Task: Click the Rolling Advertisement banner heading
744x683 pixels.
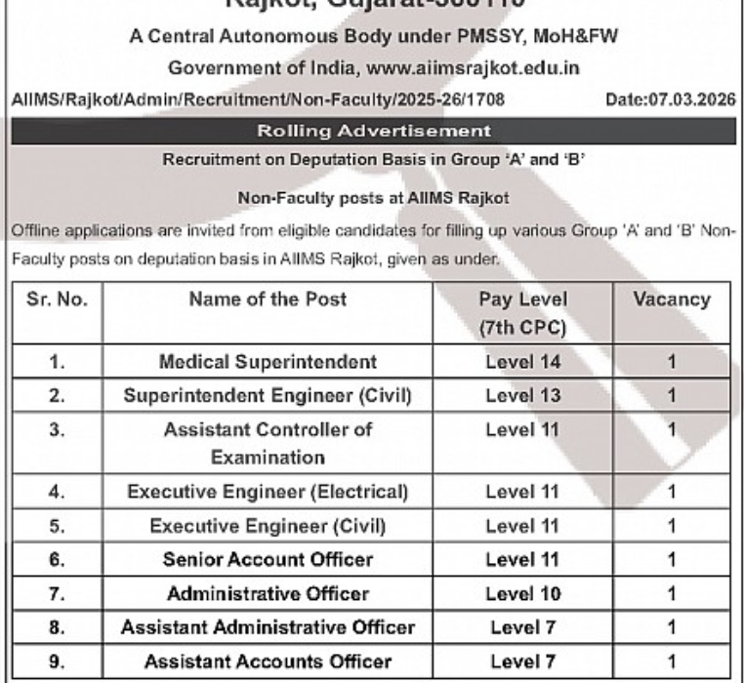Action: [x=372, y=130]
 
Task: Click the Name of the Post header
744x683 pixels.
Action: [x=268, y=300]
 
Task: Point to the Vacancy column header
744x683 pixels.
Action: [x=672, y=300]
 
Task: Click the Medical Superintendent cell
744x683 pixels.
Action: [x=268, y=362]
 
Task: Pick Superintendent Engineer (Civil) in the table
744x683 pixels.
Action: [x=268, y=395]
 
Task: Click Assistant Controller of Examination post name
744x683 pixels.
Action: [x=268, y=442]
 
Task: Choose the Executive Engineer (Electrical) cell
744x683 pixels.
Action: [x=268, y=491]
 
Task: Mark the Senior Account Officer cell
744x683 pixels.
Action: [x=268, y=559]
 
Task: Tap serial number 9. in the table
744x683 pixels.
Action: [x=57, y=661]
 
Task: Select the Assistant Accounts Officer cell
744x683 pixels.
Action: [x=268, y=661]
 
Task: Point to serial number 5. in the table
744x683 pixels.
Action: [x=57, y=526]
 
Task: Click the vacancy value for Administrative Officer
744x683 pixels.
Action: [x=672, y=593]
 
